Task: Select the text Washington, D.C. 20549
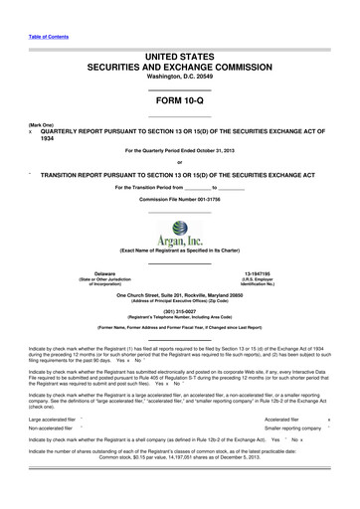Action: coord(179,77)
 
